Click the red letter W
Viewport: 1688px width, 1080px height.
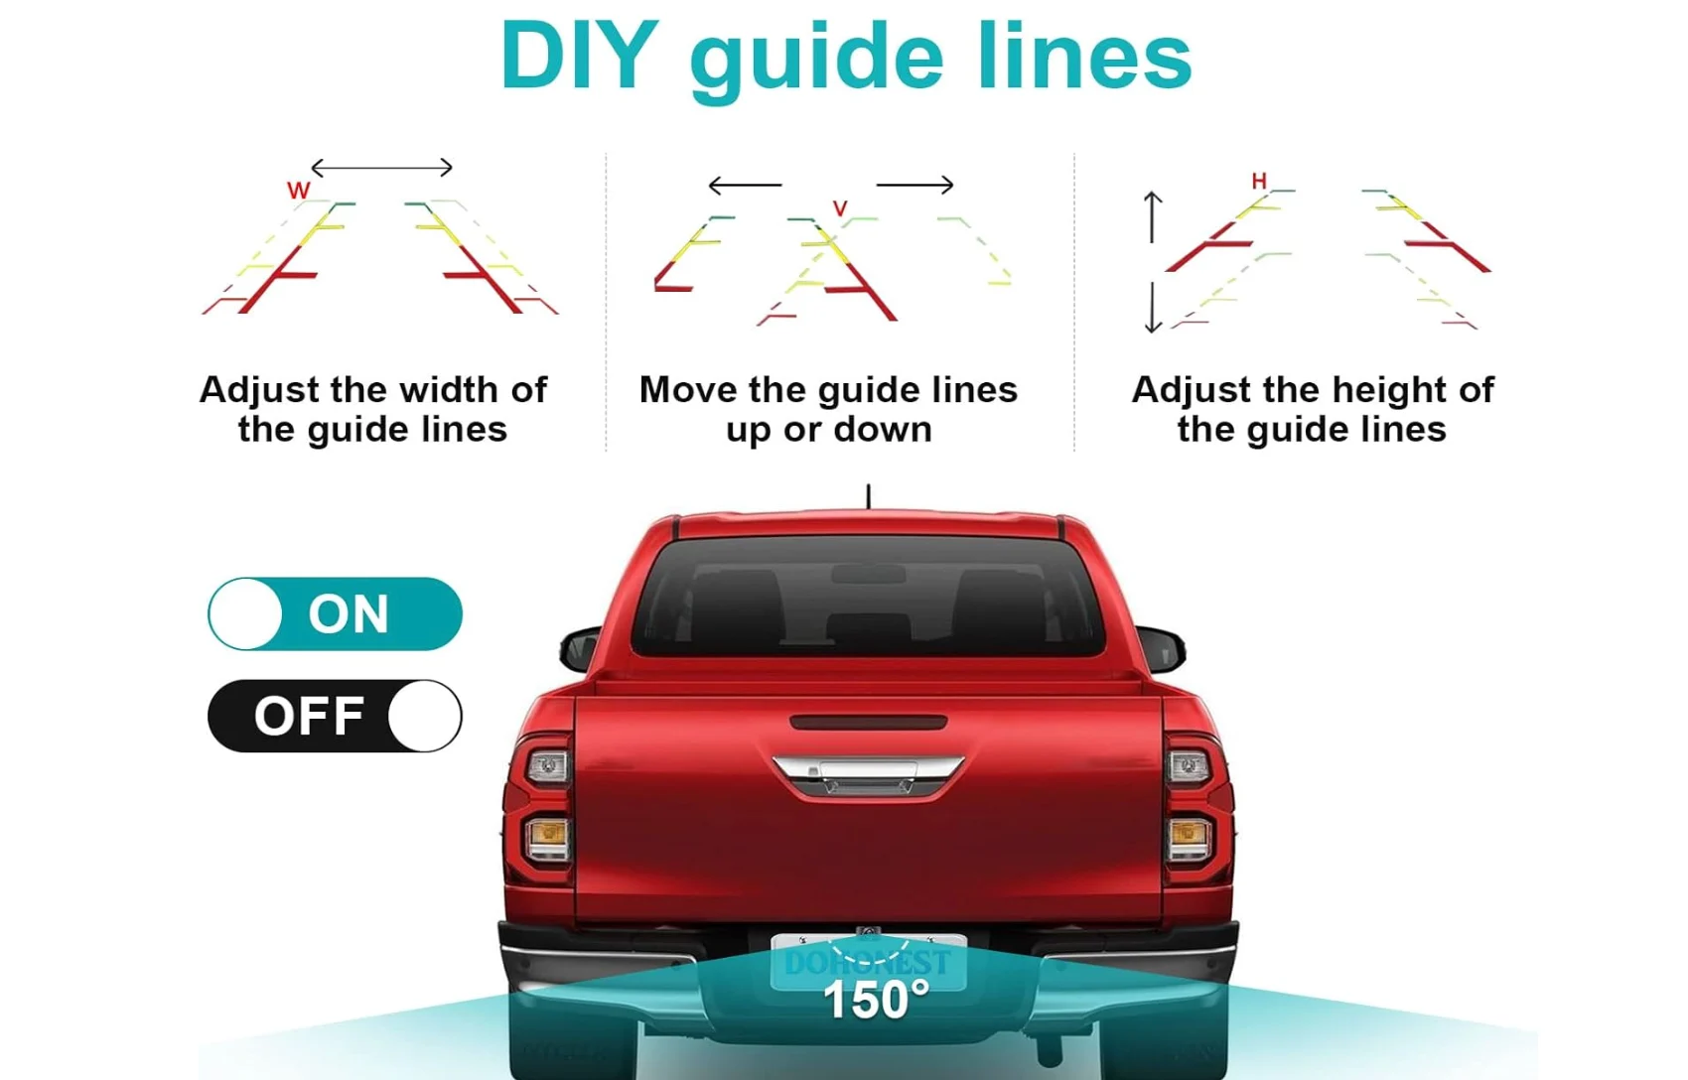pos(299,191)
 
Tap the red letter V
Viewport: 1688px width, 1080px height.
pos(840,207)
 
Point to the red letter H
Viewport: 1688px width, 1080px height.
pos(1258,181)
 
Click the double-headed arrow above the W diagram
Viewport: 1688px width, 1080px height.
pos(382,167)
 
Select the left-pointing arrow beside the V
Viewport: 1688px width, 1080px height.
pos(746,185)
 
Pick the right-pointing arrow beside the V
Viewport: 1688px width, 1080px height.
pos(914,185)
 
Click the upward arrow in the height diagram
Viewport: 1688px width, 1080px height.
pos(1152,217)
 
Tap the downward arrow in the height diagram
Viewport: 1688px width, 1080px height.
pos(1152,308)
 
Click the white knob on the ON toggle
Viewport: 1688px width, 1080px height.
pos(245,613)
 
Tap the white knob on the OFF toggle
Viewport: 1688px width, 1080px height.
pos(424,716)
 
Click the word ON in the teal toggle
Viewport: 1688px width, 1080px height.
pos(349,613)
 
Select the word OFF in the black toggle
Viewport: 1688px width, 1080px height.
pos(309,716)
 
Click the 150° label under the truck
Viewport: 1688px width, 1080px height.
pos(877,1001)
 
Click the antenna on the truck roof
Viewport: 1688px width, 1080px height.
pos(869,496)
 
